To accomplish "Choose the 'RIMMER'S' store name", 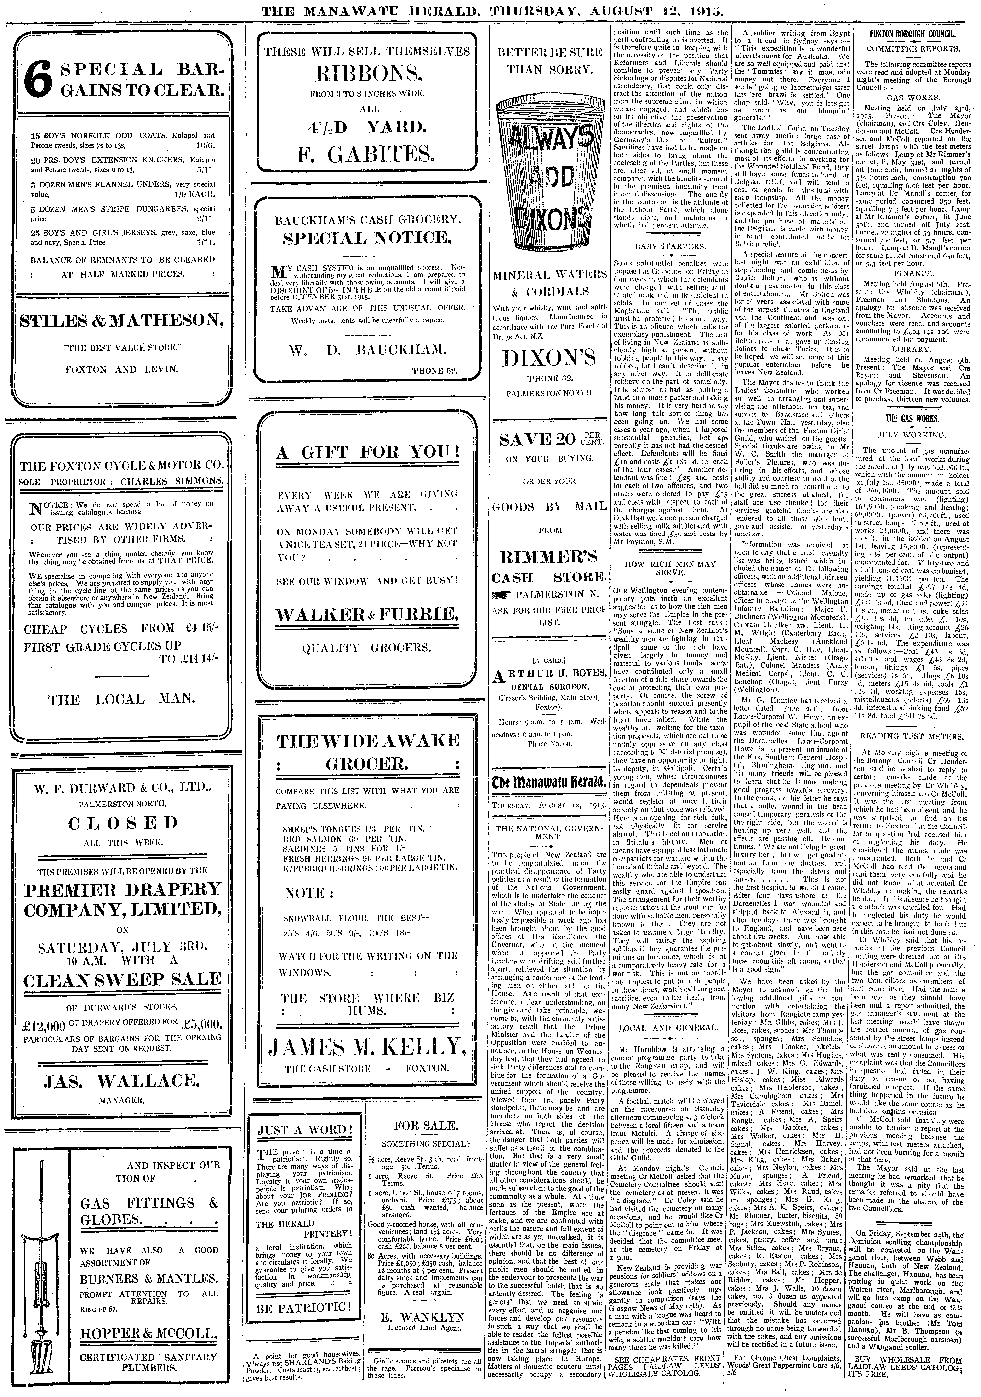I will pos(549,557).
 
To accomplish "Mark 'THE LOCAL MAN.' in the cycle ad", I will pos(122,699).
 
